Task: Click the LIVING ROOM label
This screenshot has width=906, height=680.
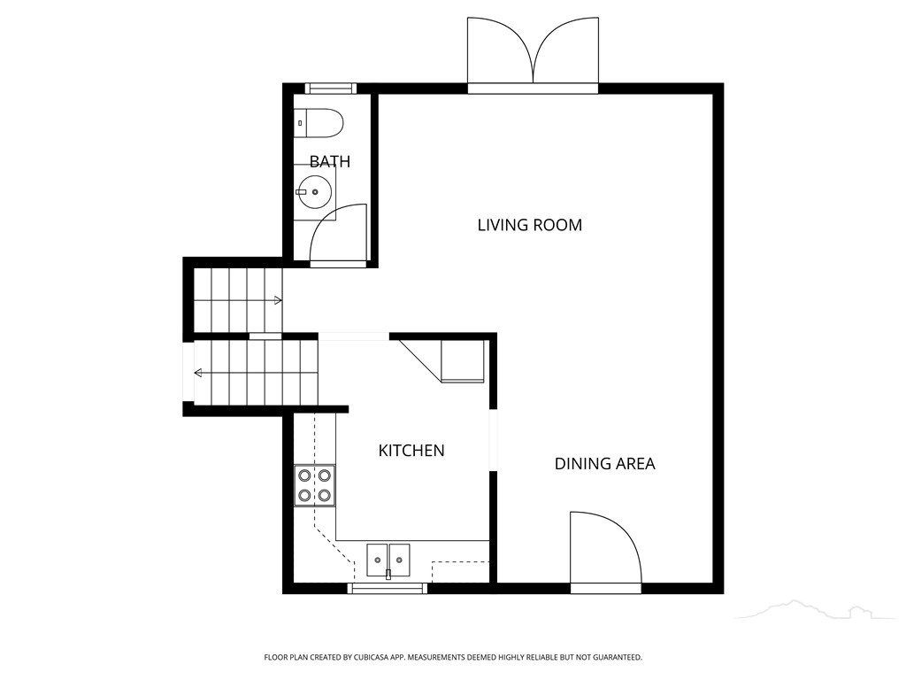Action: (529, 225)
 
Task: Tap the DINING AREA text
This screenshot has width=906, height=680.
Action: (604, 464)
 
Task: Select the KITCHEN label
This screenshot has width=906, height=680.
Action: (411, 451)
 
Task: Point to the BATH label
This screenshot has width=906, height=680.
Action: (330, 161)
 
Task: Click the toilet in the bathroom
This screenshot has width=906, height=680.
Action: (319, 123)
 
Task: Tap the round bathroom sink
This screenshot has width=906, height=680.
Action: (315, 192)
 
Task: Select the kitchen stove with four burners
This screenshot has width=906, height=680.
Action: (315, 486)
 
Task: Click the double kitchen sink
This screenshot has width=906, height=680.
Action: (388, 560)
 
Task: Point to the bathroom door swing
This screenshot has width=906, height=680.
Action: (339, 233)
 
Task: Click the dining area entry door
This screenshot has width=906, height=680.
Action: (605, 548)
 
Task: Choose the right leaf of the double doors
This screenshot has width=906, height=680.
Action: (566, 50)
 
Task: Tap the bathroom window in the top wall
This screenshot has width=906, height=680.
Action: (329, 89)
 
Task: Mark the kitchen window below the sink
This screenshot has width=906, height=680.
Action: (388, 589)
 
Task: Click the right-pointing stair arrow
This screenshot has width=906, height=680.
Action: (278, 300)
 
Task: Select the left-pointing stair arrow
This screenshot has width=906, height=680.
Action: (198, 373)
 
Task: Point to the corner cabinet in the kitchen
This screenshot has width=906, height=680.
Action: (443, 361)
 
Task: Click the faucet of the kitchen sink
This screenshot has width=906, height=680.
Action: (388, 574)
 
